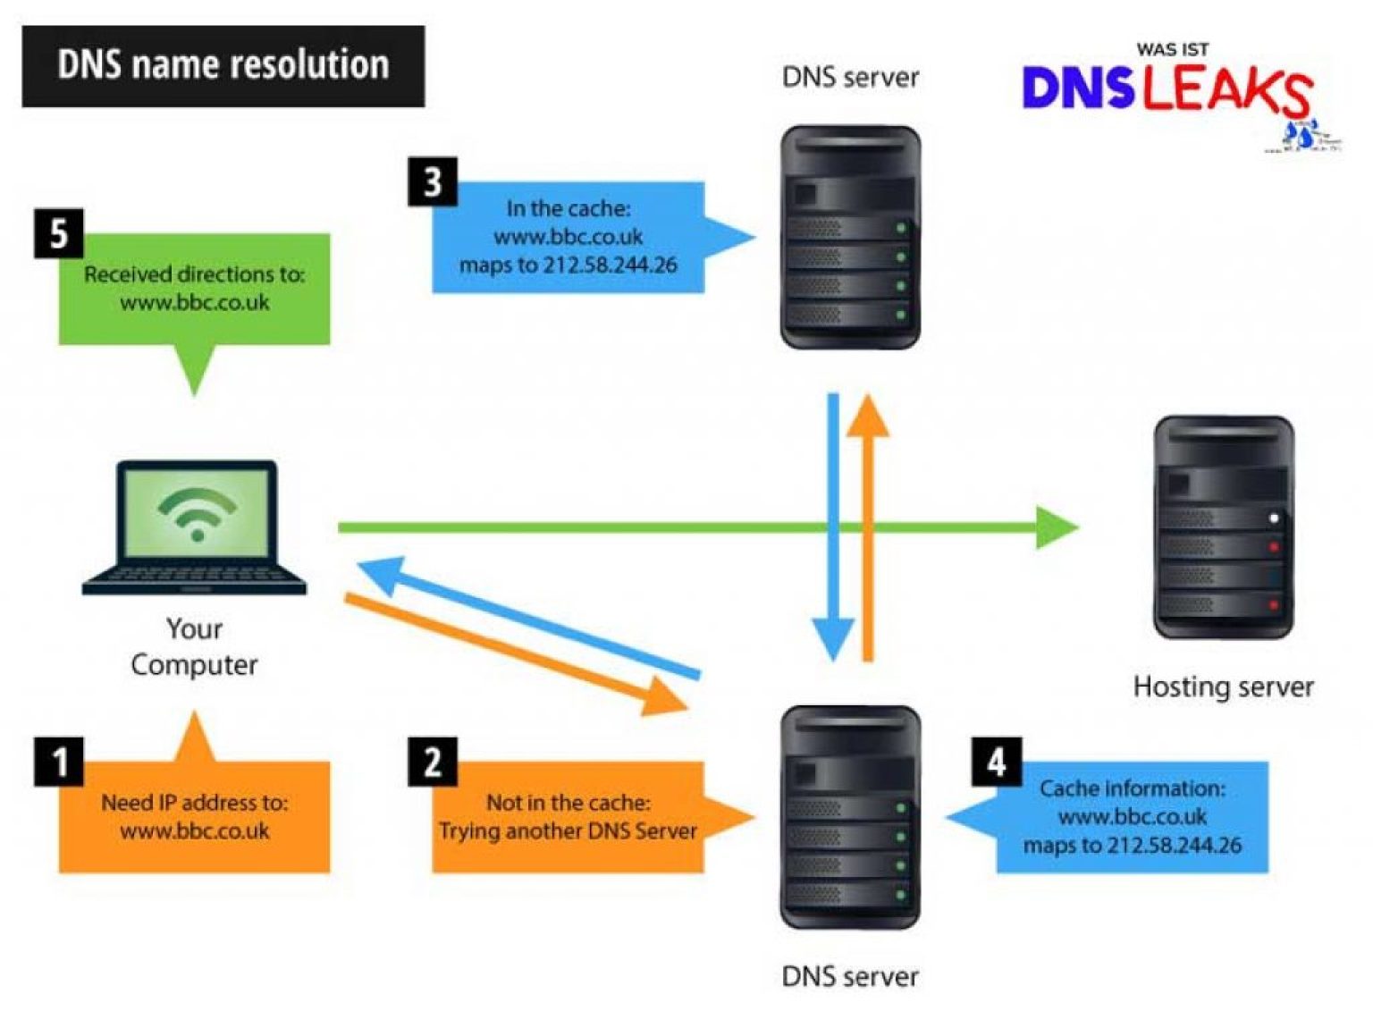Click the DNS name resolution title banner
pos(223,66)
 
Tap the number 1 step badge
pos(59,762)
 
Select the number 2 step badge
pos(433,762)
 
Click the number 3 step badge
pos(433,181)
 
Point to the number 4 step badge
pos(997,762)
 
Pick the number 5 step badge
pos(59,233)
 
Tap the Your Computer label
pos(194,646)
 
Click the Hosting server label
pos(1223,687)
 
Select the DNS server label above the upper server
pos(850,78)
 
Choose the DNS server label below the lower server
pos(850,976)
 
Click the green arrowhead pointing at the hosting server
pos(1057,527)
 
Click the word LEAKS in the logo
pos(1226,89)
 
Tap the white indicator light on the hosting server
pos(1274,518)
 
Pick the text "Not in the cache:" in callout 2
pos(568,802)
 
